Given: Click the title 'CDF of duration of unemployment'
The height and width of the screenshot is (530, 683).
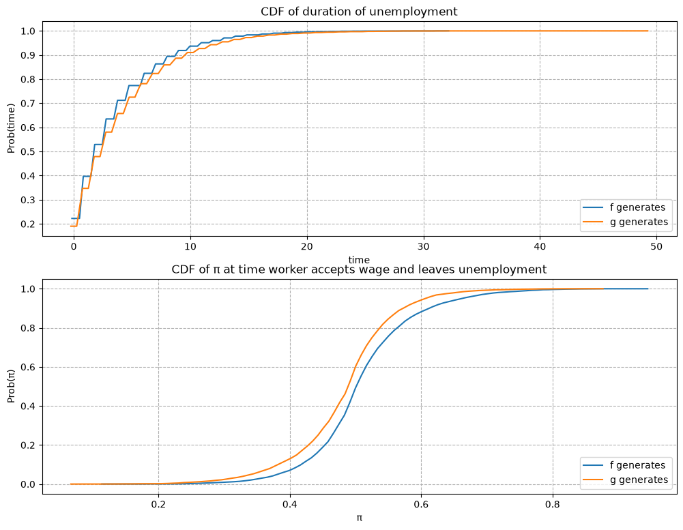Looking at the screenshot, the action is [359, 12].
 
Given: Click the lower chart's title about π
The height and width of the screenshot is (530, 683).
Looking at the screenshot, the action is [359, 269].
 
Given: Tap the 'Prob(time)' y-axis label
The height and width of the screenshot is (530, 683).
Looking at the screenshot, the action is [11, 128].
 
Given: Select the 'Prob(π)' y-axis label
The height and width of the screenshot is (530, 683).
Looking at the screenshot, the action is [11, 386].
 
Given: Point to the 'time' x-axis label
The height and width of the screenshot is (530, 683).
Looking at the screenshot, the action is [359, 260].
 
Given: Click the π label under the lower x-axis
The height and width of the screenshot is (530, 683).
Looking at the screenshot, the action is [360, 518].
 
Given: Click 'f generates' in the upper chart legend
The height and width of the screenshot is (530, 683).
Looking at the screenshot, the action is [638, 207].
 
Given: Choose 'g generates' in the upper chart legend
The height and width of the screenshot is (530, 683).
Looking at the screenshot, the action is [639, 222].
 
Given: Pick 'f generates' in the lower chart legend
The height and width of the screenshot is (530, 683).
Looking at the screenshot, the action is [638, 465].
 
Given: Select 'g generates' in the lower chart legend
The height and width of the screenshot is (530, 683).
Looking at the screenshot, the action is [639, 480].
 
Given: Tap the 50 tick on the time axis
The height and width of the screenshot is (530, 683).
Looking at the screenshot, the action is [656, 246].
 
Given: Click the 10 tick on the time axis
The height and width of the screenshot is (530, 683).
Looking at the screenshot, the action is [190, 246].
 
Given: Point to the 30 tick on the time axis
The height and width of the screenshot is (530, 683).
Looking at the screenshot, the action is [424, 246].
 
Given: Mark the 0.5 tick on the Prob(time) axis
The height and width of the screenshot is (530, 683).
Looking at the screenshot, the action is [27, 152].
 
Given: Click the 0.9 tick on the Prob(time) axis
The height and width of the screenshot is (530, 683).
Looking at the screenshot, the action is [27, 55].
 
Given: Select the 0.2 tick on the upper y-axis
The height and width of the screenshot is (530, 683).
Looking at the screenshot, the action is [27, 224].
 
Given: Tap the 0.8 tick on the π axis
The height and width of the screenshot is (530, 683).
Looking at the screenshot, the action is [553, 504].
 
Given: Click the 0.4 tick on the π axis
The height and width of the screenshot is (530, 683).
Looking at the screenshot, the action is [290, 504].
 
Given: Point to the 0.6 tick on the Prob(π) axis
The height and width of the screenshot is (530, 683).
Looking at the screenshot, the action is [27, 367].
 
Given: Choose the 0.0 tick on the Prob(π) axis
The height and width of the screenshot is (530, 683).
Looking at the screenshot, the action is [27, 484].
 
